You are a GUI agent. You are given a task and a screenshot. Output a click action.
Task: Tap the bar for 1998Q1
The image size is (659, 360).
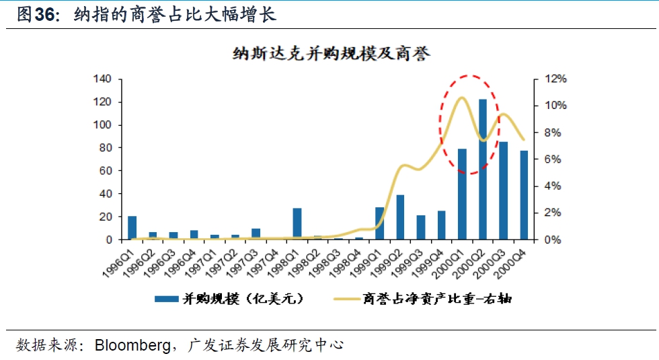coord(297,223)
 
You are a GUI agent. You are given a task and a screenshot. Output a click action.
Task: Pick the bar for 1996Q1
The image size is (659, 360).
coord(132,227)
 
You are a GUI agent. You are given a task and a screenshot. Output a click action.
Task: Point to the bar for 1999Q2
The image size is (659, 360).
coord(400,217)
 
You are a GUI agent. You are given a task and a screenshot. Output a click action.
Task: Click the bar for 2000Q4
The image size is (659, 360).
coord(523,195)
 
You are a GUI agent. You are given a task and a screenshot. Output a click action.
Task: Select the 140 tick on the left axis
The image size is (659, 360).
coord(102,79)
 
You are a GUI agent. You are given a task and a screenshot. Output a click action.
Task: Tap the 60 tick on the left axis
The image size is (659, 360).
coord(105,171)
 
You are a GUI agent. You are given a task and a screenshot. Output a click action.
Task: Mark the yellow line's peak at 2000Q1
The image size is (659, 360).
coord(461,98)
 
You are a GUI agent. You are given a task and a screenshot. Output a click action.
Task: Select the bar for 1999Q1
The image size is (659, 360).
coord(380,223)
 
